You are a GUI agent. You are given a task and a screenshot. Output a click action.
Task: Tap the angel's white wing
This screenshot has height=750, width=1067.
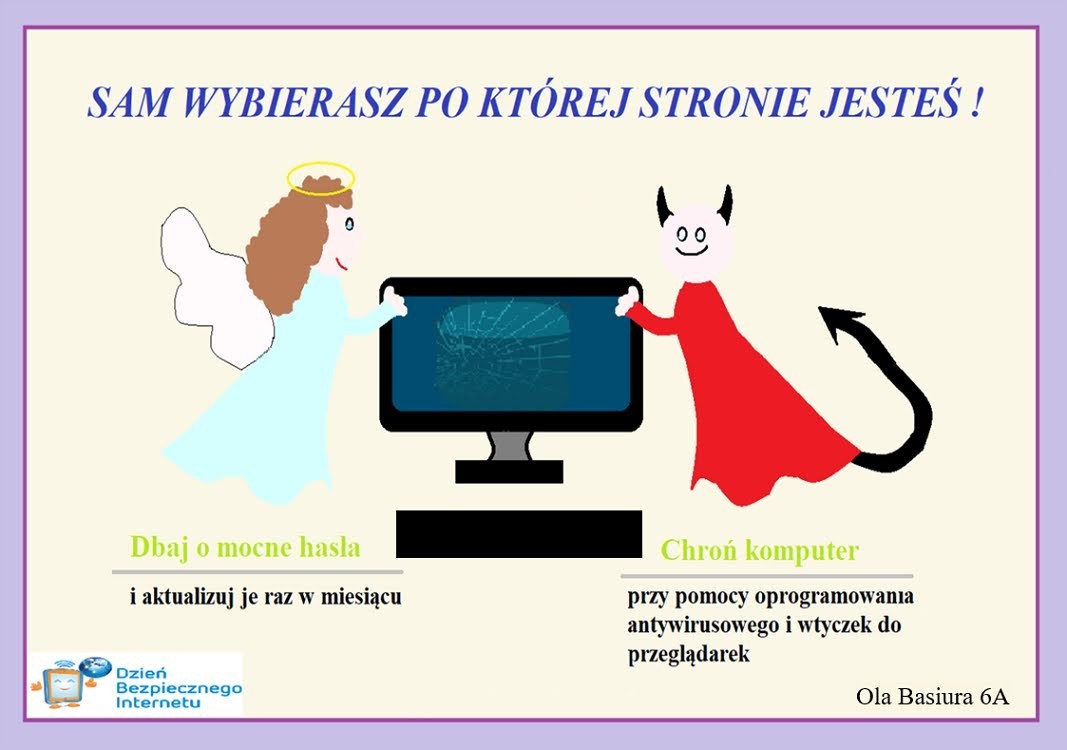pos(204,286)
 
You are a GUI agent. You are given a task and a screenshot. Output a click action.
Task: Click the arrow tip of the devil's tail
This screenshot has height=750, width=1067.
pos(838,321)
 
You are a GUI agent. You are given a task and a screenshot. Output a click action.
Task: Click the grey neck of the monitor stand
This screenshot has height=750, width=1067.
pos(510,446)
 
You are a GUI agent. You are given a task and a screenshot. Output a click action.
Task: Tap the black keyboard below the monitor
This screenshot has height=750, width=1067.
pos(519,534)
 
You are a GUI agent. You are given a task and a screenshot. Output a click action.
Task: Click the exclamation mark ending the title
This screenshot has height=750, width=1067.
pos(976,102)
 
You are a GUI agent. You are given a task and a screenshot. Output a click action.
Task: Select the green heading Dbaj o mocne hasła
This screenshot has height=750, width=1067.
pos(245,547)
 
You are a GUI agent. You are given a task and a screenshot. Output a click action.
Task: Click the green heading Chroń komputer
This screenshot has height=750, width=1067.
pos(759,550)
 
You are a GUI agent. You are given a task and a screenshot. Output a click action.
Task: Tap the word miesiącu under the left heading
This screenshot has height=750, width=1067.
pos(361,597)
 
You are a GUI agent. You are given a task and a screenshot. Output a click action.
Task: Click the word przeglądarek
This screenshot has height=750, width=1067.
pos(689,655)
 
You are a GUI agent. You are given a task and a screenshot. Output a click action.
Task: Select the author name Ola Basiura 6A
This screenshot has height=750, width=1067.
pos(932,696)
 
